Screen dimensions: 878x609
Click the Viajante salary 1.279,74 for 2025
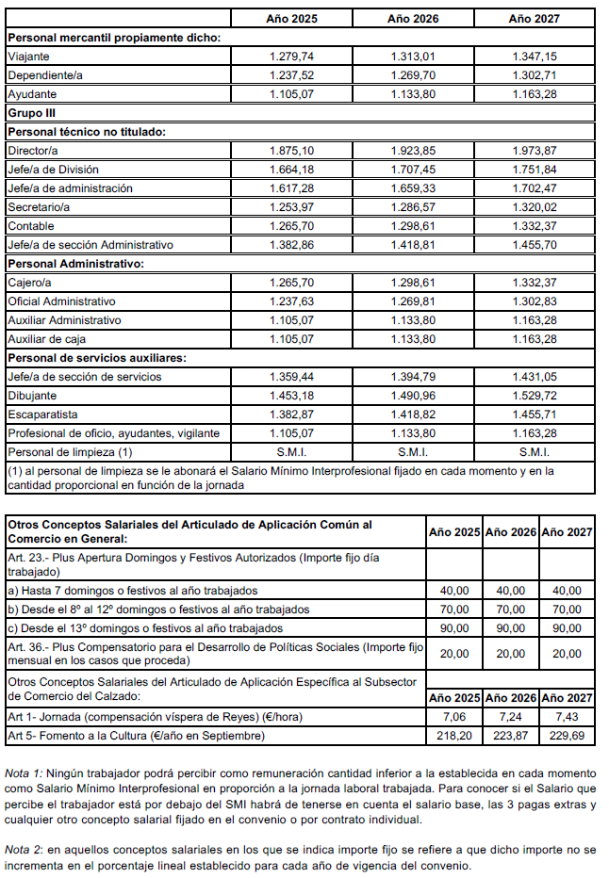(x=290, y=57)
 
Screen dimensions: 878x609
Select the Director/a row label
(x=33, y=151)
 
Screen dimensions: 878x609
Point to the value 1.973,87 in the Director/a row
(x=534, y=151)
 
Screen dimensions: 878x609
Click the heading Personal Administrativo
(x=74, y=264)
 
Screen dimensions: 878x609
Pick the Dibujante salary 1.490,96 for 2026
(x=413, y=396)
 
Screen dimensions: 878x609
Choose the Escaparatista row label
(x=42, y=415)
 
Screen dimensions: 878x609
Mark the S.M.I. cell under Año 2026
(x=413, y=452)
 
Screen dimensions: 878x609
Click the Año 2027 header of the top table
(x=534, y=18)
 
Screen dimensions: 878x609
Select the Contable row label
(x=31, y=226)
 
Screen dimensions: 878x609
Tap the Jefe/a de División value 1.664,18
(x=290, y=170)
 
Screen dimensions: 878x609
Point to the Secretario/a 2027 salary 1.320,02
(x=534, y=207)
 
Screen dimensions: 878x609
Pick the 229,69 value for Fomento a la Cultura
(x=566, y=736)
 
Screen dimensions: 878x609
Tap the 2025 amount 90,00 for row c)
(x=454, y=627)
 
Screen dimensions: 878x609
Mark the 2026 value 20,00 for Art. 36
(x=510, y=653)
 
